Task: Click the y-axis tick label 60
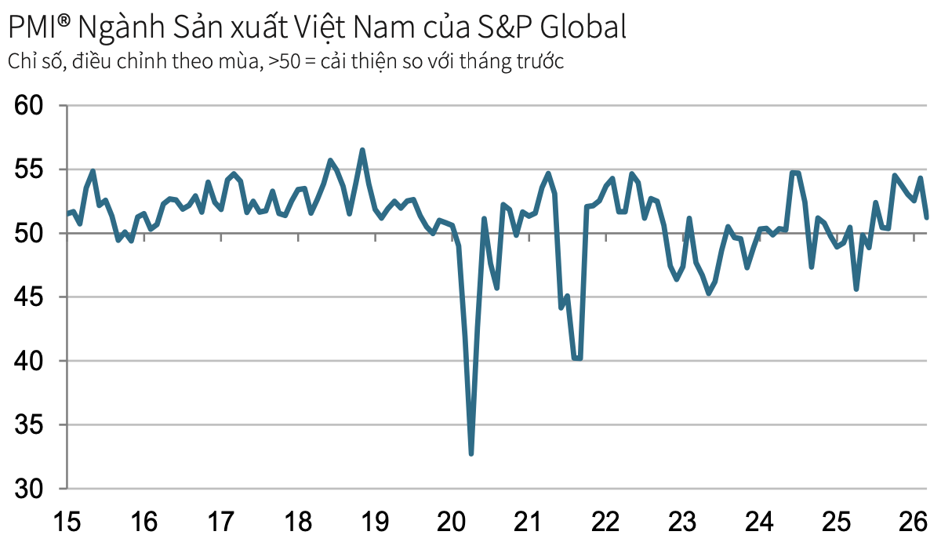click(x=33, y=106)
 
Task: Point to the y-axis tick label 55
click(x=33, y=169)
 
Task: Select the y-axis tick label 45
click(x=33, y=297)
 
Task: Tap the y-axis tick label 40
click(x=33, y=361)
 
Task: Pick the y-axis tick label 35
click(x=33, y=425)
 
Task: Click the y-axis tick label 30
click(x=33, y=489)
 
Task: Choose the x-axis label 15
click(x=67, y=520)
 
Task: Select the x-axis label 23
click(x=682, y=520)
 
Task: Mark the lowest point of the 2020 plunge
click(x=471, y=453)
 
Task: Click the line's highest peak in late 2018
click(x=362, y=150)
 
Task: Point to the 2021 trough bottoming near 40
click(x=577, y=359)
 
